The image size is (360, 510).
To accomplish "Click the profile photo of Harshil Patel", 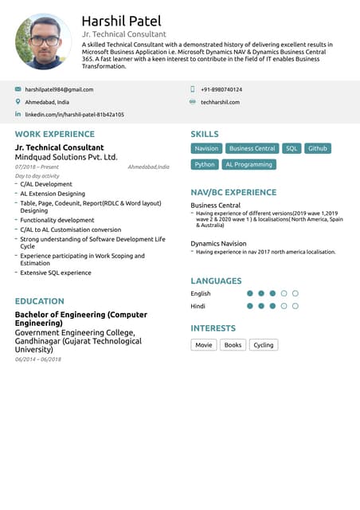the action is click(x=43, y=41).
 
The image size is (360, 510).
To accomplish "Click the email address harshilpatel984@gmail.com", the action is click(x=59, y=90).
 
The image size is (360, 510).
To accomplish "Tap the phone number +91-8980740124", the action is click(x=221, y=90).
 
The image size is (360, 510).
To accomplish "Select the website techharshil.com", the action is click(x=220, y=102).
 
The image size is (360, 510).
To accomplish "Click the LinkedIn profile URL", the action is click(x=74, y=115).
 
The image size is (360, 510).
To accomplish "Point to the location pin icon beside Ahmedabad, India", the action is click(x=18, y=102).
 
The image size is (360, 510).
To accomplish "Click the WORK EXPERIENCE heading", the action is click(x=54, y=135).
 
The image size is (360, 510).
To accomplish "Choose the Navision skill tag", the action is click(x=206, y=148).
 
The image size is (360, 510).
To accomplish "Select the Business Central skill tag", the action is click(x=252, y=148).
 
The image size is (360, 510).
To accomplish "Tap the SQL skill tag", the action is click(x=292, y=148).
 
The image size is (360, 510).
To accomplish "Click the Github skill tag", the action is click(x=317, y=148).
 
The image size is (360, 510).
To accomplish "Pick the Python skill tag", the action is click(x=205, y=164).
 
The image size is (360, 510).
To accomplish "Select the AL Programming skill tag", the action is click(x=248, y=164).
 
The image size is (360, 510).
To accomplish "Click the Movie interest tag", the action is click(x=204, y=345).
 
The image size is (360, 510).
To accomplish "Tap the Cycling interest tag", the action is click(x=263, y=345).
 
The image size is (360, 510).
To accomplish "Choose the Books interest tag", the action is click(x=233, y=345).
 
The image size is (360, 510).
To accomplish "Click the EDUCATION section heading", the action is click(x=40, y=301).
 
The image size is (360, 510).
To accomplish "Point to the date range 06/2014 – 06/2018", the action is click(x=38, y=359).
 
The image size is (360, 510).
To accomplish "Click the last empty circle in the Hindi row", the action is click(x=295, y=306).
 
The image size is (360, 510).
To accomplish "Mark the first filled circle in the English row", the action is click(x=250, y=293).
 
